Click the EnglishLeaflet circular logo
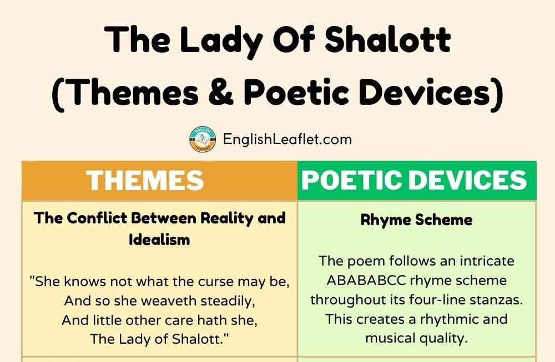(x=203, y=140)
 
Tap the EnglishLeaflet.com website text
(x=287, y=139)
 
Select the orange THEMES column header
(x=160, y=180)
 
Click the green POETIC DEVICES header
(x=417, y=180)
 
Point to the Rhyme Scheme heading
(x=417, y=220)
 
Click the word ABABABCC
(x=366, y=281)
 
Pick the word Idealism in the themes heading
(x=159, y=239)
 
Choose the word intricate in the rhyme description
(x=487, y=261)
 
